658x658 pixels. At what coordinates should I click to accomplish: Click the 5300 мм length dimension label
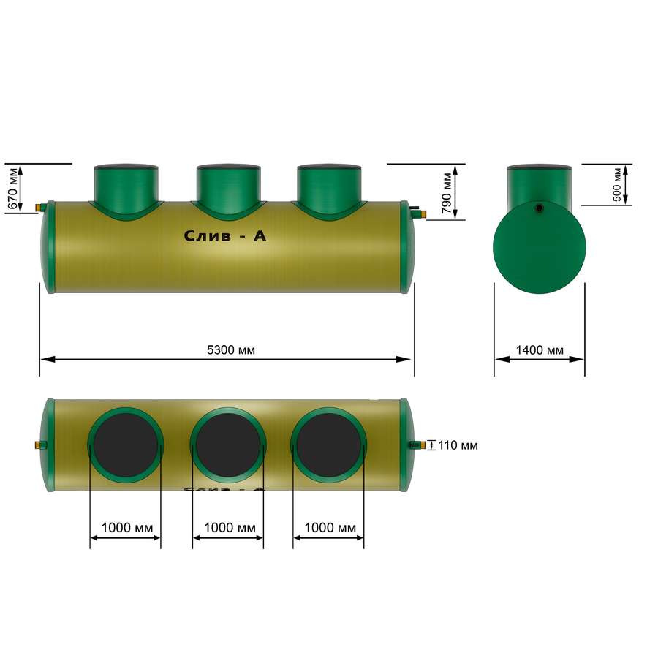(231, 350)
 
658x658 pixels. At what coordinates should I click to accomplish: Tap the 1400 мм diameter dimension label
(540, 350)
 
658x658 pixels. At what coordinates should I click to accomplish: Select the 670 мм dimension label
(13, 189)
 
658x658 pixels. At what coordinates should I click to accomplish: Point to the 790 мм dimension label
(447, 192)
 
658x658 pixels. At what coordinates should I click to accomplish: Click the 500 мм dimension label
(617, 185)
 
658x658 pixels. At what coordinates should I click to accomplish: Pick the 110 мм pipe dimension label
(458, 445)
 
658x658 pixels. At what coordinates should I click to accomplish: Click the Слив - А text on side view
(225, 236)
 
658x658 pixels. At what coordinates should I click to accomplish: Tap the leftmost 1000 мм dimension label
(127, 527)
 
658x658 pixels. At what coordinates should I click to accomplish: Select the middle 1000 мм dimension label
(230, 527)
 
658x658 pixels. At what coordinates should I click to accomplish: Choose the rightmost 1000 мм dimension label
(330, 527)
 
